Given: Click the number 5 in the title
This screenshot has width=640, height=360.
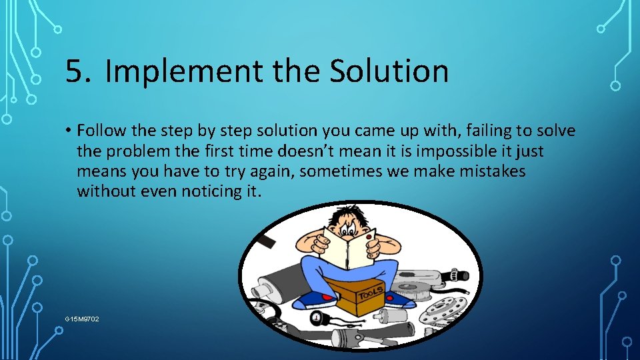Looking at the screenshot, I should [x=77, y=71].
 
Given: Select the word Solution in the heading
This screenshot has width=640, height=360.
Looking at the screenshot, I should [x=389, y=71].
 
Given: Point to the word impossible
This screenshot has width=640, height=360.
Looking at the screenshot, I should [x=445, y=152].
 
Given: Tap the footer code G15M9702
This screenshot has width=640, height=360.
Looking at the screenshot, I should [x=82, y=319].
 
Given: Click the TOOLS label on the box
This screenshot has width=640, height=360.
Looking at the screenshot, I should [x=370, y=293].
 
